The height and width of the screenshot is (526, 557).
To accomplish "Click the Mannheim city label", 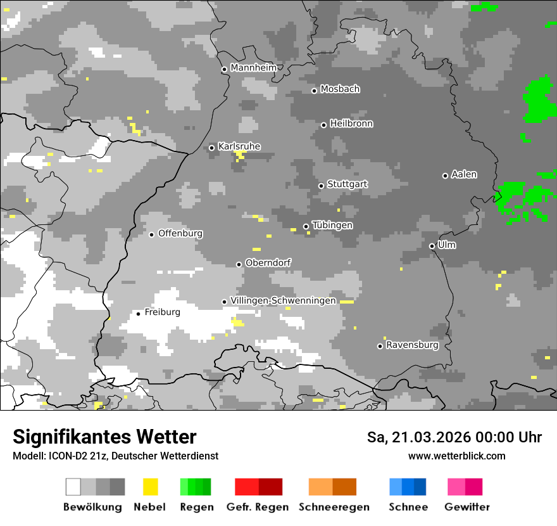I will pyautogui.click(x=254, y=68).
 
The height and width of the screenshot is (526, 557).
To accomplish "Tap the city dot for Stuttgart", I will pyautogui.click(x=321, y=186).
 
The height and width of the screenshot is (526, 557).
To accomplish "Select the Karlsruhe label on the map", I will pyautogui.click(x=239, y=146).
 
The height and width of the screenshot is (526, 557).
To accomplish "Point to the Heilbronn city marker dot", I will pyautogui.click(x=323, y=125).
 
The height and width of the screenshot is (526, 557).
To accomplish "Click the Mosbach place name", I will pyautogui.click(x=340, y=89).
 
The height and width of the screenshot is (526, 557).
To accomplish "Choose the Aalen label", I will pyautogui.click(x=464, y=174).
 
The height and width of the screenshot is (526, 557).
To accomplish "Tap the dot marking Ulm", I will pyautogui.click(x=432, y=246).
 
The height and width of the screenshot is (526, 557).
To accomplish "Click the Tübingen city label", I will pyautogui.click(x=332, y=226).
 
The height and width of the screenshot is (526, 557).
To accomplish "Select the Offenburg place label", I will pyautogui.click(x=180, y=233).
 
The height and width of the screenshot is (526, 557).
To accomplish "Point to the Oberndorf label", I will pyautogui.click(x=268, y=263).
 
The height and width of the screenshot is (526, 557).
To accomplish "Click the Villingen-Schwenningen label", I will pyautogui.click(x=283, y=300).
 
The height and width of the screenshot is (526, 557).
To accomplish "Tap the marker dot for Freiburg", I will pyautogui.click(x=138, y=314).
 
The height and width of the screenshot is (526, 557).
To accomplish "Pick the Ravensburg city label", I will pyautogui.click(x=412, y=345).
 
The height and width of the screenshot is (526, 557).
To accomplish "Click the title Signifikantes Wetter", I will pyautogui.click(x=104, y=437).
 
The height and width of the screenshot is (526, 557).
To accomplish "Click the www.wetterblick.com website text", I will pyautogui.click(x=456, y=456).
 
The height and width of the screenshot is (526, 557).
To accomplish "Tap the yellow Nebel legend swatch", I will pyautogui.click(x=150, y=487).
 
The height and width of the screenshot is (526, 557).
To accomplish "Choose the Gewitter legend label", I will pyautogui.click(x=466, y=507).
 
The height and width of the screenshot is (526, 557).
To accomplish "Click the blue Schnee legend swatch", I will pyautogui.click(x=408, y=487).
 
